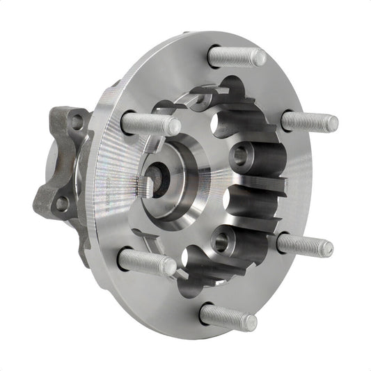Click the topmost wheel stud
(237, 56)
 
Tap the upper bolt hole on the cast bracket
(77, 121)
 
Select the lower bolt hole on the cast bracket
(62, 203)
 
